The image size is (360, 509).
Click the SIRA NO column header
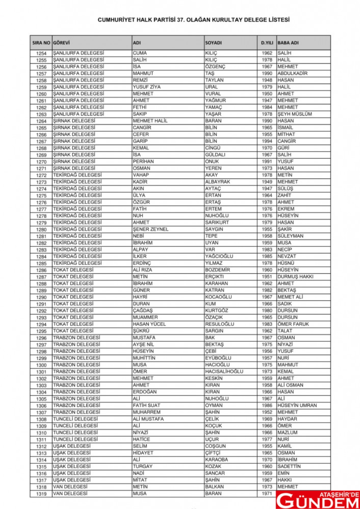pos(41,43)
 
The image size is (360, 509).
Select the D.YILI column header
pos(267,43)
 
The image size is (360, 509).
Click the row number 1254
pos(41,53)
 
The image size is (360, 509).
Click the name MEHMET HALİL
pos(150,121)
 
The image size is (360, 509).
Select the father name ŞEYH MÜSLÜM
pos(295,114)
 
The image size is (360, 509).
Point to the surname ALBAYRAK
pos(218,182)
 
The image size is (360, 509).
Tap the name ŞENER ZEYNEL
pos(150,229)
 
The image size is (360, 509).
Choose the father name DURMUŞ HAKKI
pos(296,277)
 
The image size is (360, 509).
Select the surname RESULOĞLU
pos(220,324)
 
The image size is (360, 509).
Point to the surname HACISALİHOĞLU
pos(224,371)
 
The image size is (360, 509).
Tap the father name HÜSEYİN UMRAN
pos(297,405)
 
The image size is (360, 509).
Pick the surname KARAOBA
pos(216,460)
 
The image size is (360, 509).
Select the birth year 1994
pos(267,141)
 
